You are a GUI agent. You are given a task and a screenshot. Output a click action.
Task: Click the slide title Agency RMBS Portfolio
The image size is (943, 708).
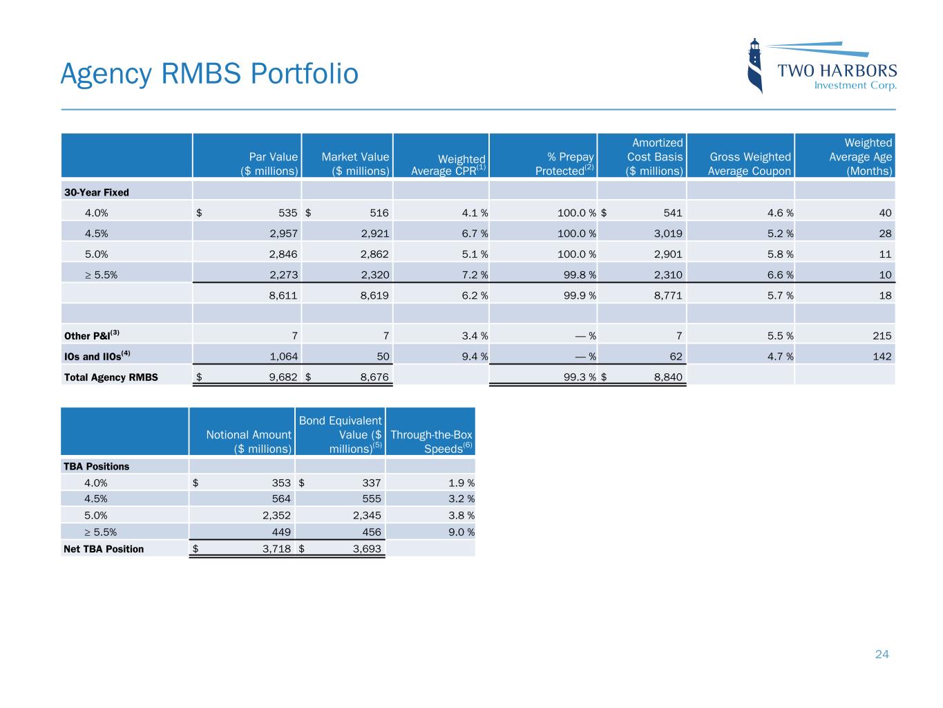(209, 74)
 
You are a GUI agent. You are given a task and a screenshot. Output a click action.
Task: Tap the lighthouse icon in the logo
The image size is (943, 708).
(756, 66)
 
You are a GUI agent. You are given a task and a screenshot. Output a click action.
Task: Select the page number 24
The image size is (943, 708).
(882, 654)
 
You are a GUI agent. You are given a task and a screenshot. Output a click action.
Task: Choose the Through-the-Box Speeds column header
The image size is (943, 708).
(431, 441)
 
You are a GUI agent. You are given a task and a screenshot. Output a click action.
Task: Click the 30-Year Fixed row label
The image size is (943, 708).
(96, 192)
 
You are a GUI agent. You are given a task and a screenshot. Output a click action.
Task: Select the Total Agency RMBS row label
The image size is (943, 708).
(111, 377)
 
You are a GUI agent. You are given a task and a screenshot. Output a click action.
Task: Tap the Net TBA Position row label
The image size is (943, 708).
(104, 549)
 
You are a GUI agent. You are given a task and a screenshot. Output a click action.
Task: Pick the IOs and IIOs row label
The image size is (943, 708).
(97, 357)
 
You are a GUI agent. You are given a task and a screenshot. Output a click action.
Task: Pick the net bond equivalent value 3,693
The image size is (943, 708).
(367, 549)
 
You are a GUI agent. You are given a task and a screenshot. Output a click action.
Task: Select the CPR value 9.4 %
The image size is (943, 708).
(472, 357)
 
